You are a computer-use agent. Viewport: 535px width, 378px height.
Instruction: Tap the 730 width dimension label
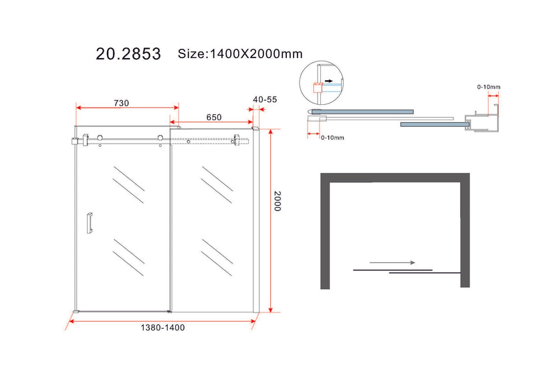[121, 103]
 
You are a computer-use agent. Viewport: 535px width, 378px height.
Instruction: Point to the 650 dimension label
[213, 117]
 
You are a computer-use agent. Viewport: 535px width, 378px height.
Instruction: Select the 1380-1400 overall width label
[163, 327]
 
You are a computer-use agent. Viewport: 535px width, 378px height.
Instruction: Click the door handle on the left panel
[89, 222]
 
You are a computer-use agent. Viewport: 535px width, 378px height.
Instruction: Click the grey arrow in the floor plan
[391, 262]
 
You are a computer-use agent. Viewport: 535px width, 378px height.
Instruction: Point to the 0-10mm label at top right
[489, 86]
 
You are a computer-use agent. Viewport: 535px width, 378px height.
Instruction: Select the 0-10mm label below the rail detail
[332, 138]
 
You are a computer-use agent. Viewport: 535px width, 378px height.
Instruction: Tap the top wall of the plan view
[395, 178]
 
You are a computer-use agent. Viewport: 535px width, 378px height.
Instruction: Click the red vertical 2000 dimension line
[270, 220]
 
